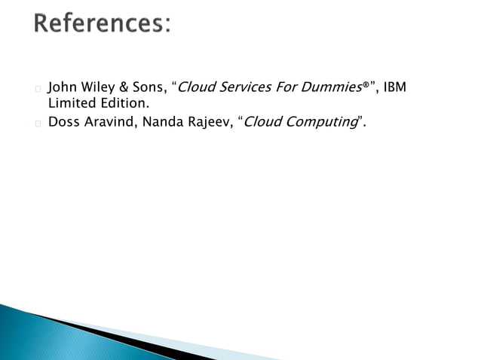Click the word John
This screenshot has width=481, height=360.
62,87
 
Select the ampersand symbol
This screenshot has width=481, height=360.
124,87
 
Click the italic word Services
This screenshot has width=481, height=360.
243,87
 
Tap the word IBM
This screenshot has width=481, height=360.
395,87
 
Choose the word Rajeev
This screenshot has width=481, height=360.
207,121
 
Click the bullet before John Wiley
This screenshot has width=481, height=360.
38,89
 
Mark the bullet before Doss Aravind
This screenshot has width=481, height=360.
38,123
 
